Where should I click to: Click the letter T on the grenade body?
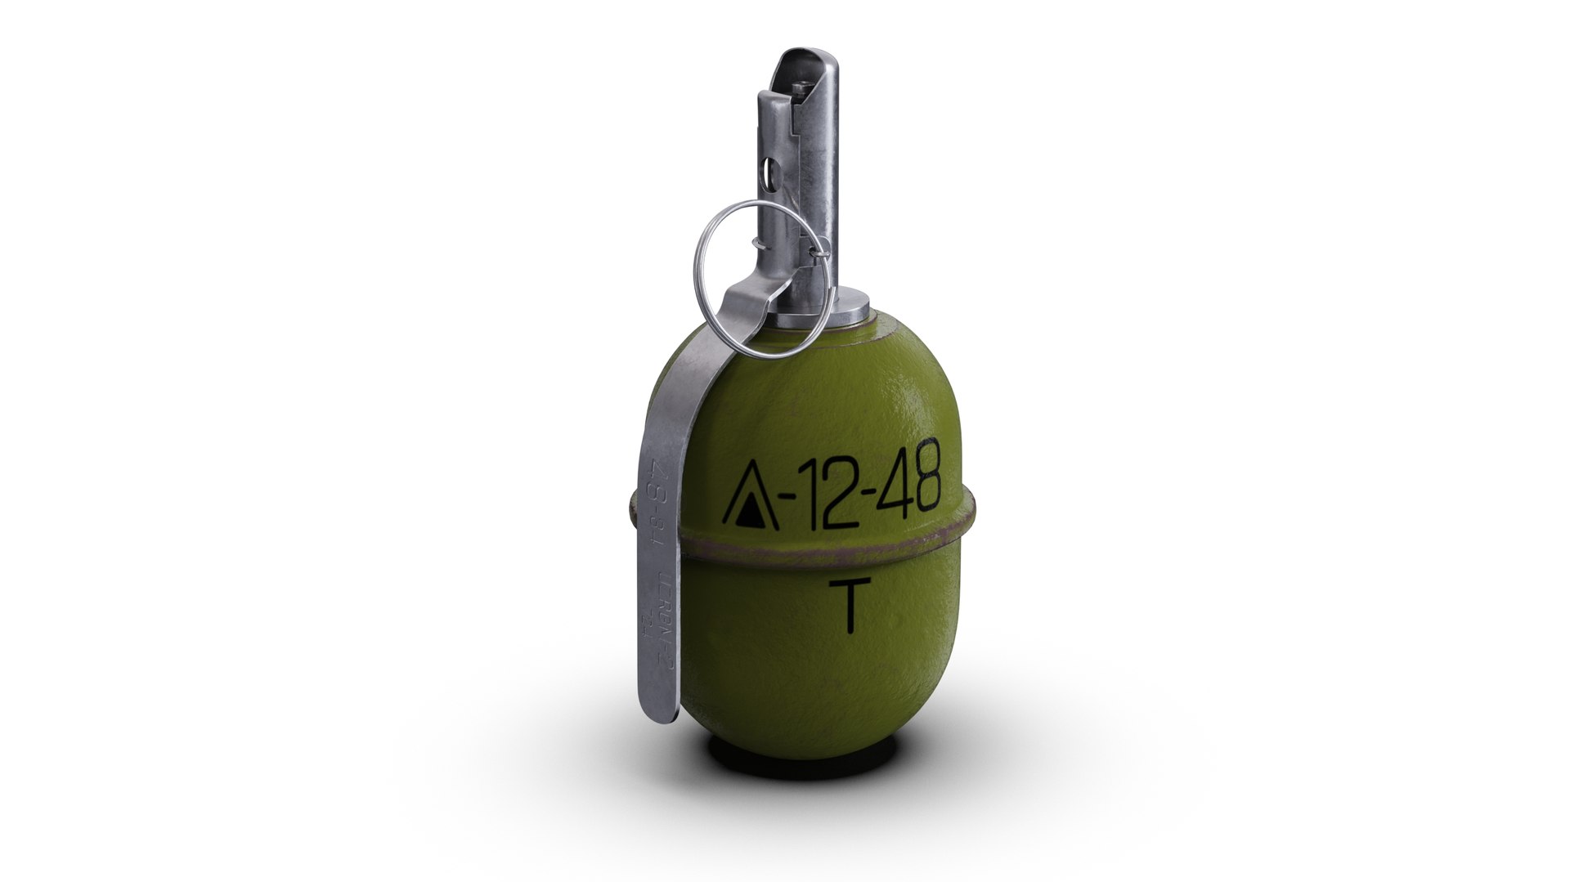pyautogui.click(x=847, y=607)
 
